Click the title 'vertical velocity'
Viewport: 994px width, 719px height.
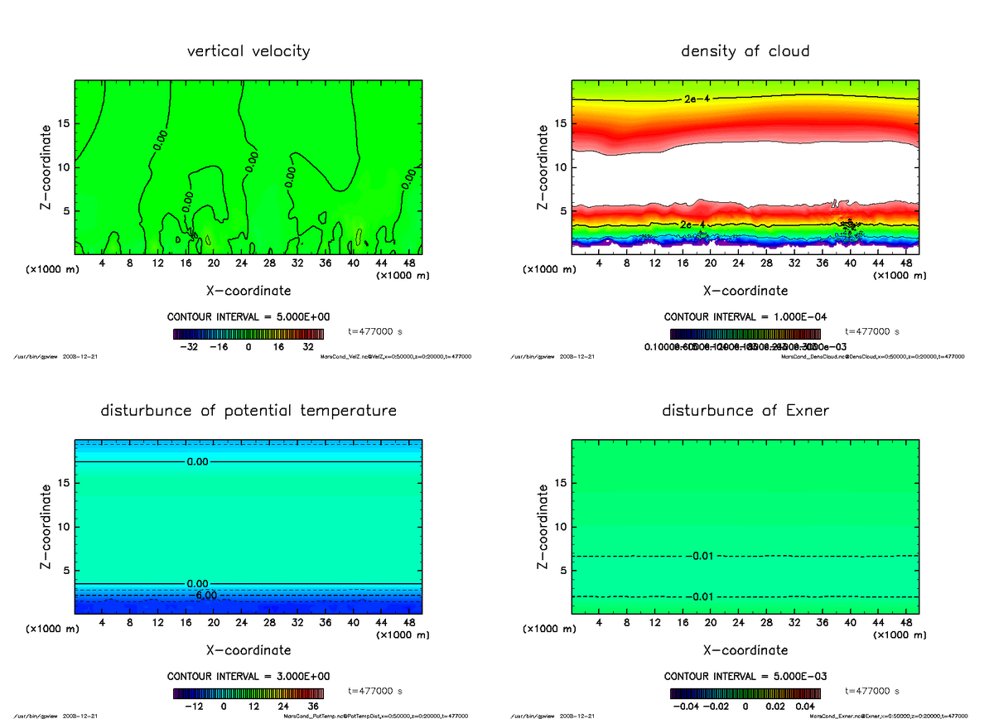(x=248, y=51)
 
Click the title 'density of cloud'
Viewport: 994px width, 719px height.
(x=745, y=51)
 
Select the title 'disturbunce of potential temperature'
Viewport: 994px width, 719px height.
(x=248, y=411)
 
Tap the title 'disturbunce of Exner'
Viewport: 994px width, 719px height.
(x=745, y=411)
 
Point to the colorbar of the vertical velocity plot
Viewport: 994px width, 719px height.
(x=248, y=334)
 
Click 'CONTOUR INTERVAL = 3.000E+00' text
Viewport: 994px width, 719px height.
(x=248, y=676)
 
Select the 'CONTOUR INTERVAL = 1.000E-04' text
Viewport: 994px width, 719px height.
(x=745, y=316)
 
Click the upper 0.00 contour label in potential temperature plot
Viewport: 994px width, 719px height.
(x=197, y=461)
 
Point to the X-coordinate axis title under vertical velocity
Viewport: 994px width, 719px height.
(x=248, y=291)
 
